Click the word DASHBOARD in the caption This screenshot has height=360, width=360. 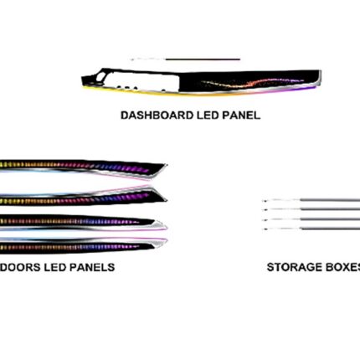tap(157, 116)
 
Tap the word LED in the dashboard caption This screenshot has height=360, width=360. tap(208, 116)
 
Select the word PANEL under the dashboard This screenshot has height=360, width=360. tap(241, 116)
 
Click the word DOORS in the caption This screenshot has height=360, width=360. tap(21, 267)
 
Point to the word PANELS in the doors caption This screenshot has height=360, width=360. tap(92, 267)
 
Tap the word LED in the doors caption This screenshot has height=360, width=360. tap(55, 267)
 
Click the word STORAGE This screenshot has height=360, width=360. tap(291, 267)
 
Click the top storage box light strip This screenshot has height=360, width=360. tap(311, 200)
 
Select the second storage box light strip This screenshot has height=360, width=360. tap(311, 209)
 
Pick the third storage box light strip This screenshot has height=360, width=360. tap(311, 219)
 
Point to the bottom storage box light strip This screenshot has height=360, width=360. tap(311, 229)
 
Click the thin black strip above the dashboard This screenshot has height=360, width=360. tap(185, 59)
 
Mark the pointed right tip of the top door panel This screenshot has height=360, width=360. tap(167, 165)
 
